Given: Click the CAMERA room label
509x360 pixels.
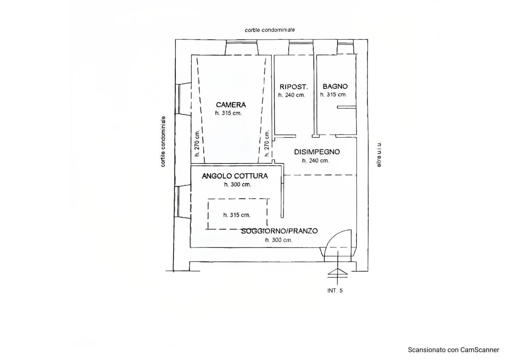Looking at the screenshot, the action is (231, 105).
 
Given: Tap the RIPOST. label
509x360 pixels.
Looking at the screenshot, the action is (294, 87).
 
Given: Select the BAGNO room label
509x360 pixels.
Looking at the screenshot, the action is (335, 86).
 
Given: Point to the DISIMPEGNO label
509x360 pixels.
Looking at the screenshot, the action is (317, 152).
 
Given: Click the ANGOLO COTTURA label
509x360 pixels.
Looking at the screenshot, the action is (235, 176).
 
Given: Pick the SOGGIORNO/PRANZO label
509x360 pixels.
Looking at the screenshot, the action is (280, 231).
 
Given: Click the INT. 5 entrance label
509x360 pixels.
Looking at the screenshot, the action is (335, 291).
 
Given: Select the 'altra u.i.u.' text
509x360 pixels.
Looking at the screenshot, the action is (379, 154).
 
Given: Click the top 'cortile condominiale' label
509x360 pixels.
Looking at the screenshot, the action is (270, 30).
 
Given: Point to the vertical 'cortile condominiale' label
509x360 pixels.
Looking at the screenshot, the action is (163, 142).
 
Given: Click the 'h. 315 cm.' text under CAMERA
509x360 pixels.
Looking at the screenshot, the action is (228, 113).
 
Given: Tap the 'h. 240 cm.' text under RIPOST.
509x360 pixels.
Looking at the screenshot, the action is (292, 95).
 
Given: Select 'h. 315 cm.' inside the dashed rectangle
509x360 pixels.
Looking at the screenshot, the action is (237, 215).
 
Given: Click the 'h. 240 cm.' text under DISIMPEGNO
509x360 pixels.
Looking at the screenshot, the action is (315, 161).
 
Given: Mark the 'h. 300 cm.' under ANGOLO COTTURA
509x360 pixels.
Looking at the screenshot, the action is (238, 185).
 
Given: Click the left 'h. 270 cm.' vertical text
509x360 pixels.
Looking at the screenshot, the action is (197, 143).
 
